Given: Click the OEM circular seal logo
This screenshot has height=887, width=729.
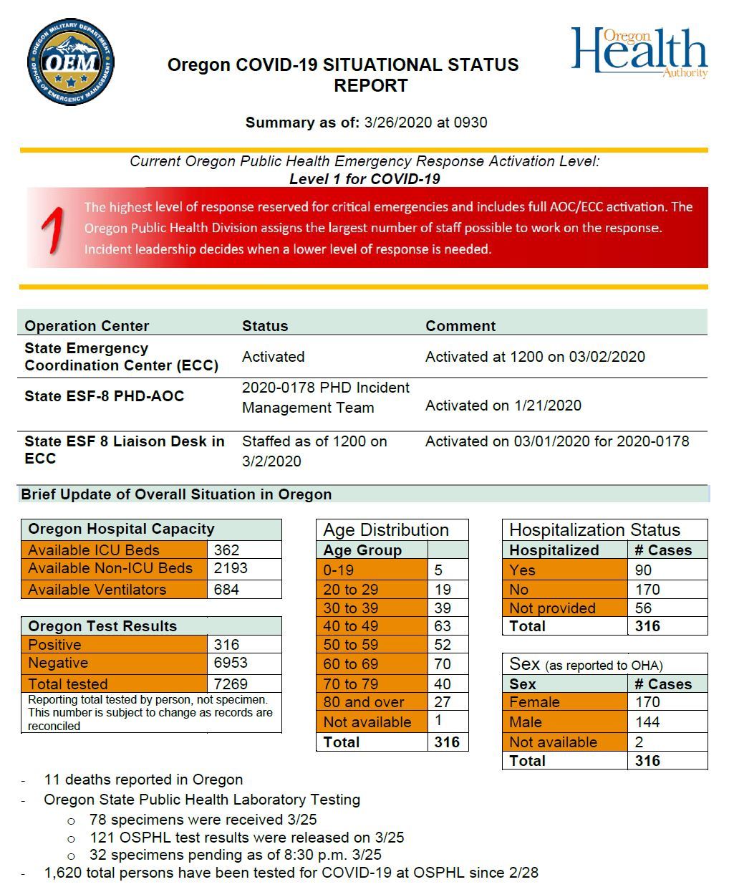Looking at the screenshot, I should (71, 62).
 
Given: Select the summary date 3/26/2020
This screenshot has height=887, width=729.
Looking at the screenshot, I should (397, 123).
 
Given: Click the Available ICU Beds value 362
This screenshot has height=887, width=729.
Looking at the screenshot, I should (226, 550).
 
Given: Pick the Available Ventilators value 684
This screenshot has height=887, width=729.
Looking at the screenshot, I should (226, 590).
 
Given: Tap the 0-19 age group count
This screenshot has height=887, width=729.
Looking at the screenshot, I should (438, 570).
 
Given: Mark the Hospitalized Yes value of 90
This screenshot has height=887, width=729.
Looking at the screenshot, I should (643, 570).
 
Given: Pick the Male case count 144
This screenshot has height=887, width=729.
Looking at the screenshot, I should (647, 722).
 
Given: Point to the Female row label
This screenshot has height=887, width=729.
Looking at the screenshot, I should (534, 702).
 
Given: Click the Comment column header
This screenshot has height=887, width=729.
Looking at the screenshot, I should (460, 326).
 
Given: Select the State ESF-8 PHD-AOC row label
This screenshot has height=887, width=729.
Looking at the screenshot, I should (104, 396).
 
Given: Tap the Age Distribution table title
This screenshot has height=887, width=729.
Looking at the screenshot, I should (386, 530).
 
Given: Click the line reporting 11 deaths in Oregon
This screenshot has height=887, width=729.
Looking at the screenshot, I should (143, 780).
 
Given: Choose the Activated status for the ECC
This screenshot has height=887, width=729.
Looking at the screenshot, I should (273, 357).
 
